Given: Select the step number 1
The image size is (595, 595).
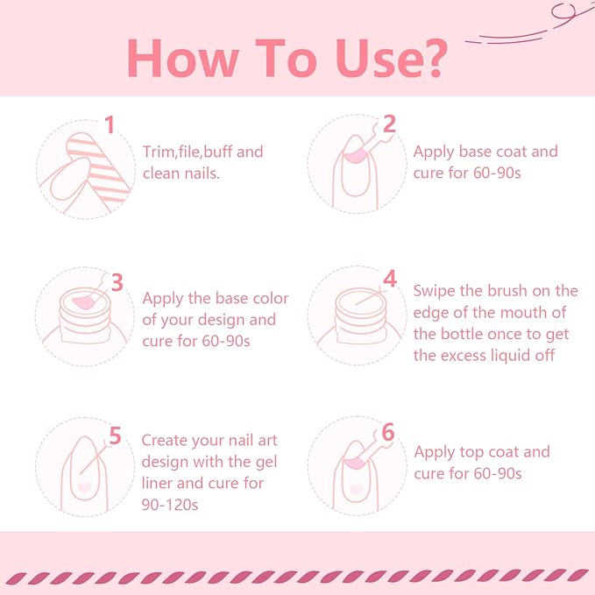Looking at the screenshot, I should (x=110, y=125).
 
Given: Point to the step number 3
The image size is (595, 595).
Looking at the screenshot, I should (x=116, y=281).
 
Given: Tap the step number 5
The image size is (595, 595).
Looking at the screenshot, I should (x=115, y=436).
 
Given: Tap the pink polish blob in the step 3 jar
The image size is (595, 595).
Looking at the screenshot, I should (x=83, y=302).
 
